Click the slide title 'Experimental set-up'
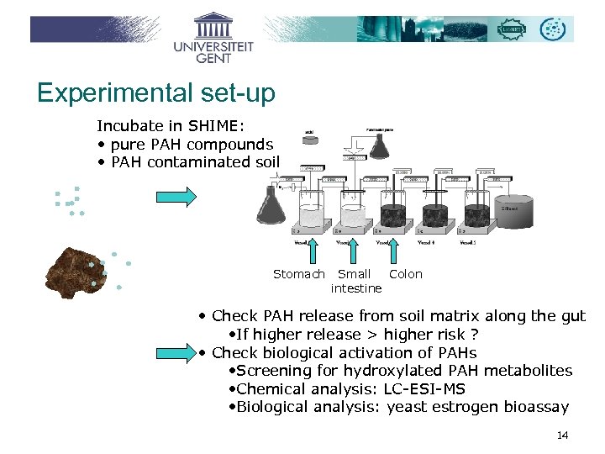coord(156,92)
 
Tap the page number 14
coord(562,435)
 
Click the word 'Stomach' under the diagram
coord(298,274)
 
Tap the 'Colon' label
coord(406,274)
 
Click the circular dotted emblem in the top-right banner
coord(553,29)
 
